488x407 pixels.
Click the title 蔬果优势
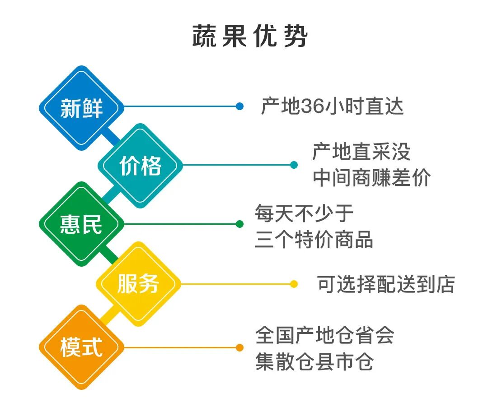[x=249, y=37]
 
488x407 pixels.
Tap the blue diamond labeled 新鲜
[x=81, y=108]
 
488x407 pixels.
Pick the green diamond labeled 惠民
[x=81, y=224]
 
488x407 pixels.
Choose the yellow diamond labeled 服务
[x=138, y=284]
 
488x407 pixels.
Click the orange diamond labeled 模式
[x=81, y=347]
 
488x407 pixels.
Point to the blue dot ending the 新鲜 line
[x=239, y=106]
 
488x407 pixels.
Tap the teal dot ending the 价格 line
[x=294, y=165]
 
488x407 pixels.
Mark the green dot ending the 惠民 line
[x=239, y=224]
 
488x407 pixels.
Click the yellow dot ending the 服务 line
[x=294, y=284]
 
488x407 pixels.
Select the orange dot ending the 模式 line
[x=239, y=347]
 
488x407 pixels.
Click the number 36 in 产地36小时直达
[x=310, y=107]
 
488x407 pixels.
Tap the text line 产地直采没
[x=361, y=152]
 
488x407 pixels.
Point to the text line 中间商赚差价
[x=371, y=178]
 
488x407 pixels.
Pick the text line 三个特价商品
[x=314, y=240]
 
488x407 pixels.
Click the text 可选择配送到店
[x=385, y=284]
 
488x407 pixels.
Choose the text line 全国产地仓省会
[x=324, y=335]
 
